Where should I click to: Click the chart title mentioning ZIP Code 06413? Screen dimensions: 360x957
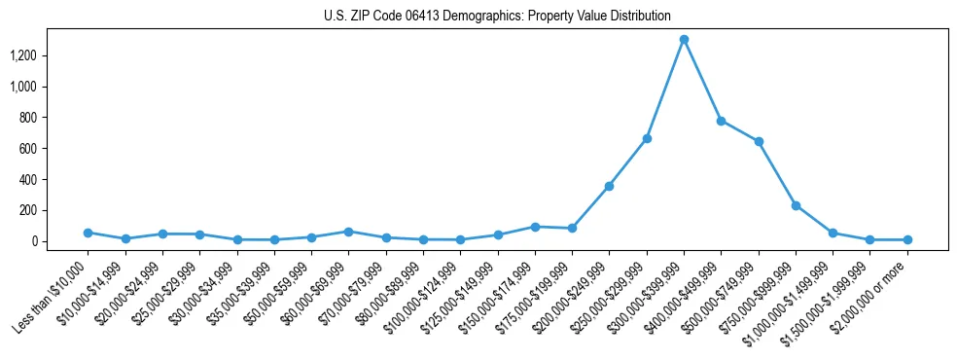click(497, 17)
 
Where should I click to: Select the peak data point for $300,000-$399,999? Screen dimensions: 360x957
click(684, 40)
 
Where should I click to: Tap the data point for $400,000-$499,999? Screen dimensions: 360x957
click(721, 121)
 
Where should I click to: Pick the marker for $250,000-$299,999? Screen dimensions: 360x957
click(647, 139)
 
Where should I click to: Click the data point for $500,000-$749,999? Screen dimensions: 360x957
click(759, 142)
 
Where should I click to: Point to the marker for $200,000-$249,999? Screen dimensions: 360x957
click(609, 186)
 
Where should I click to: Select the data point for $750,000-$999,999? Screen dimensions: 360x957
click(796, 205)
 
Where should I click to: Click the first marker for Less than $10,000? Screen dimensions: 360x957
click(88, 233)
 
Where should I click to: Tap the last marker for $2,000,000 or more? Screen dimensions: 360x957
click(907, 239)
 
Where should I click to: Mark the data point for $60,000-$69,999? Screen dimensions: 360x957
click(348, 232)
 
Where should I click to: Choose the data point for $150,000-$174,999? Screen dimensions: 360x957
click(535, 227)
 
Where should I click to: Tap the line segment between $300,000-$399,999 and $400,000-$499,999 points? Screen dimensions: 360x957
click(702, 81)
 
